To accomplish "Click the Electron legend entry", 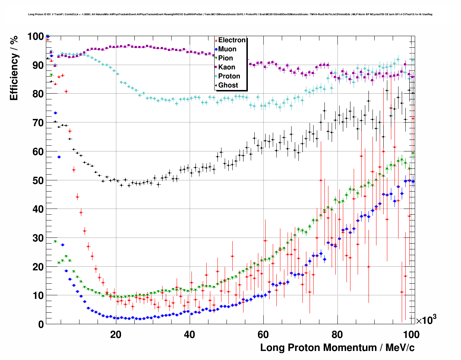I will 232,40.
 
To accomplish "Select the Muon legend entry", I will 227,49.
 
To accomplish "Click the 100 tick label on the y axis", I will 35,37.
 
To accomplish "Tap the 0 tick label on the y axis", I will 41,324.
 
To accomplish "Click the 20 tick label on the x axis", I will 116,334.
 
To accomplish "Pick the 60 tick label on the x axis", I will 263,334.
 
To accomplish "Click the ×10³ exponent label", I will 426,320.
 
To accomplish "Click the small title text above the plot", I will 230,14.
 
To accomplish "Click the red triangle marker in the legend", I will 216,40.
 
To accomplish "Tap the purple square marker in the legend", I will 216,67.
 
